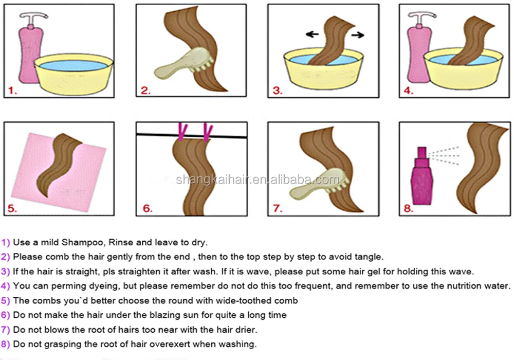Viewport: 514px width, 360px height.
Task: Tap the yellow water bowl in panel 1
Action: pyautogui.click(x=74, y=74)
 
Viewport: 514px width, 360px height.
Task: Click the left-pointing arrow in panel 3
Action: pyautogui.click(x=312, y=34)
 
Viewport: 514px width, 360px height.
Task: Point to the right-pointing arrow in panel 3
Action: pyautogui.click(x=358, y=34)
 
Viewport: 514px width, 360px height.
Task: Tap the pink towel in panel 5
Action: pyautogui.click(x=59, y=171)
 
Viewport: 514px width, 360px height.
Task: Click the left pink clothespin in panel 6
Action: pyautogui.click(x=180, y=132)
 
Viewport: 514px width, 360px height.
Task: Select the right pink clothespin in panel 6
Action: pyautogui.click(x=207, y=132)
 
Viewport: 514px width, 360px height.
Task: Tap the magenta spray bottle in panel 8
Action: pyautogui.click(x=422, y=176)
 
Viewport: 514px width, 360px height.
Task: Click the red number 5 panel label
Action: pyautogui.click(x=12, y=208)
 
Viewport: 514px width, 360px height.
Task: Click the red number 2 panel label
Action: pyautogui.click(x=146, y=91)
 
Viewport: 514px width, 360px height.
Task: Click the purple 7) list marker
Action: pyautogui.click(x=6, y=330)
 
